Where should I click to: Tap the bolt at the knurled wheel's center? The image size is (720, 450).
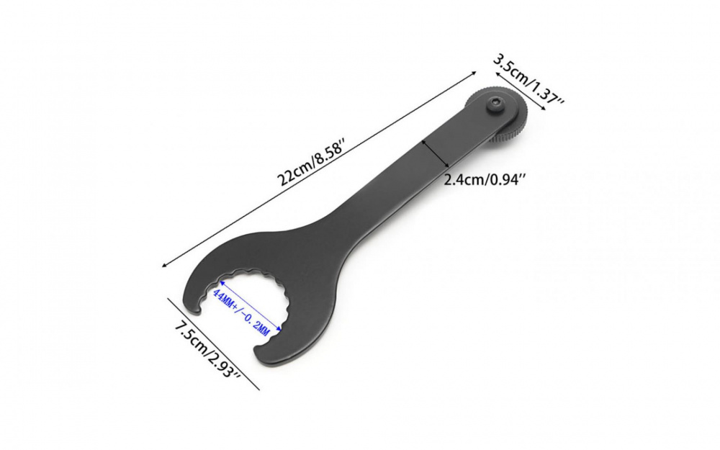[x=496, y=107]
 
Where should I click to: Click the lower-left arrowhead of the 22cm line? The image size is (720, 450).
[x=166, y=266]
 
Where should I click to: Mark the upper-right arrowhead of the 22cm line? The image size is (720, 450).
[x=476, y=71]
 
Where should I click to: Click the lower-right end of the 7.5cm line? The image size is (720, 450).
[x=258, y=390]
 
